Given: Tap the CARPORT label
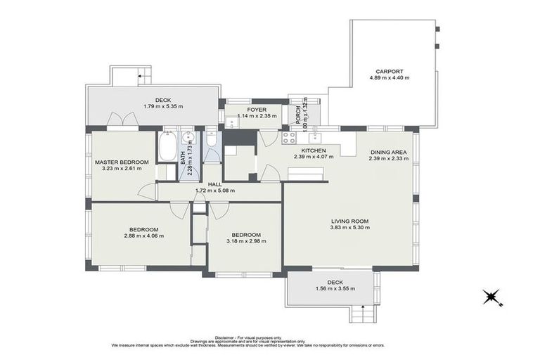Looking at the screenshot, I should pos(389,71).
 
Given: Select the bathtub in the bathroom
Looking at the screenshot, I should pos(167,147).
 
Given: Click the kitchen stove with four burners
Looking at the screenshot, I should pos(288,139).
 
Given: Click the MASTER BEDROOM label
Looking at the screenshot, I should pos(122,162).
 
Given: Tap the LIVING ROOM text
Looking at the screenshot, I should pos(349,221).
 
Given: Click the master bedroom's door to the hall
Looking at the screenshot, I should pos(147,190).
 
